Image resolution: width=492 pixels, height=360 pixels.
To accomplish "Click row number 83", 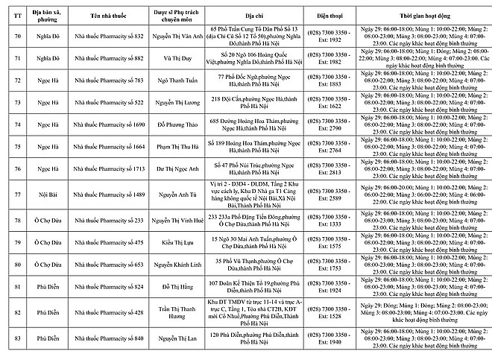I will click(x=13, y=339).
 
